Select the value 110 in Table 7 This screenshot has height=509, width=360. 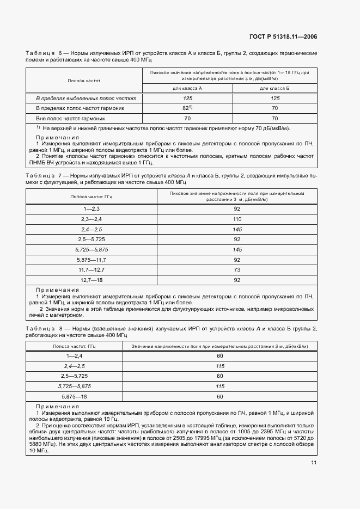coord(236,218)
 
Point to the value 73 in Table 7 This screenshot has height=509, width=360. coord(236,269)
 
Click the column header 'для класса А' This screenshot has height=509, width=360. coord(188,88)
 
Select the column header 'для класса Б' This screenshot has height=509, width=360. coord(274,88)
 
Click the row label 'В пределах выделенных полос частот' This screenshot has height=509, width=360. coord(86,98)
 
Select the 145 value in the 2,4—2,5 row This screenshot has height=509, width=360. coord(236,229)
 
